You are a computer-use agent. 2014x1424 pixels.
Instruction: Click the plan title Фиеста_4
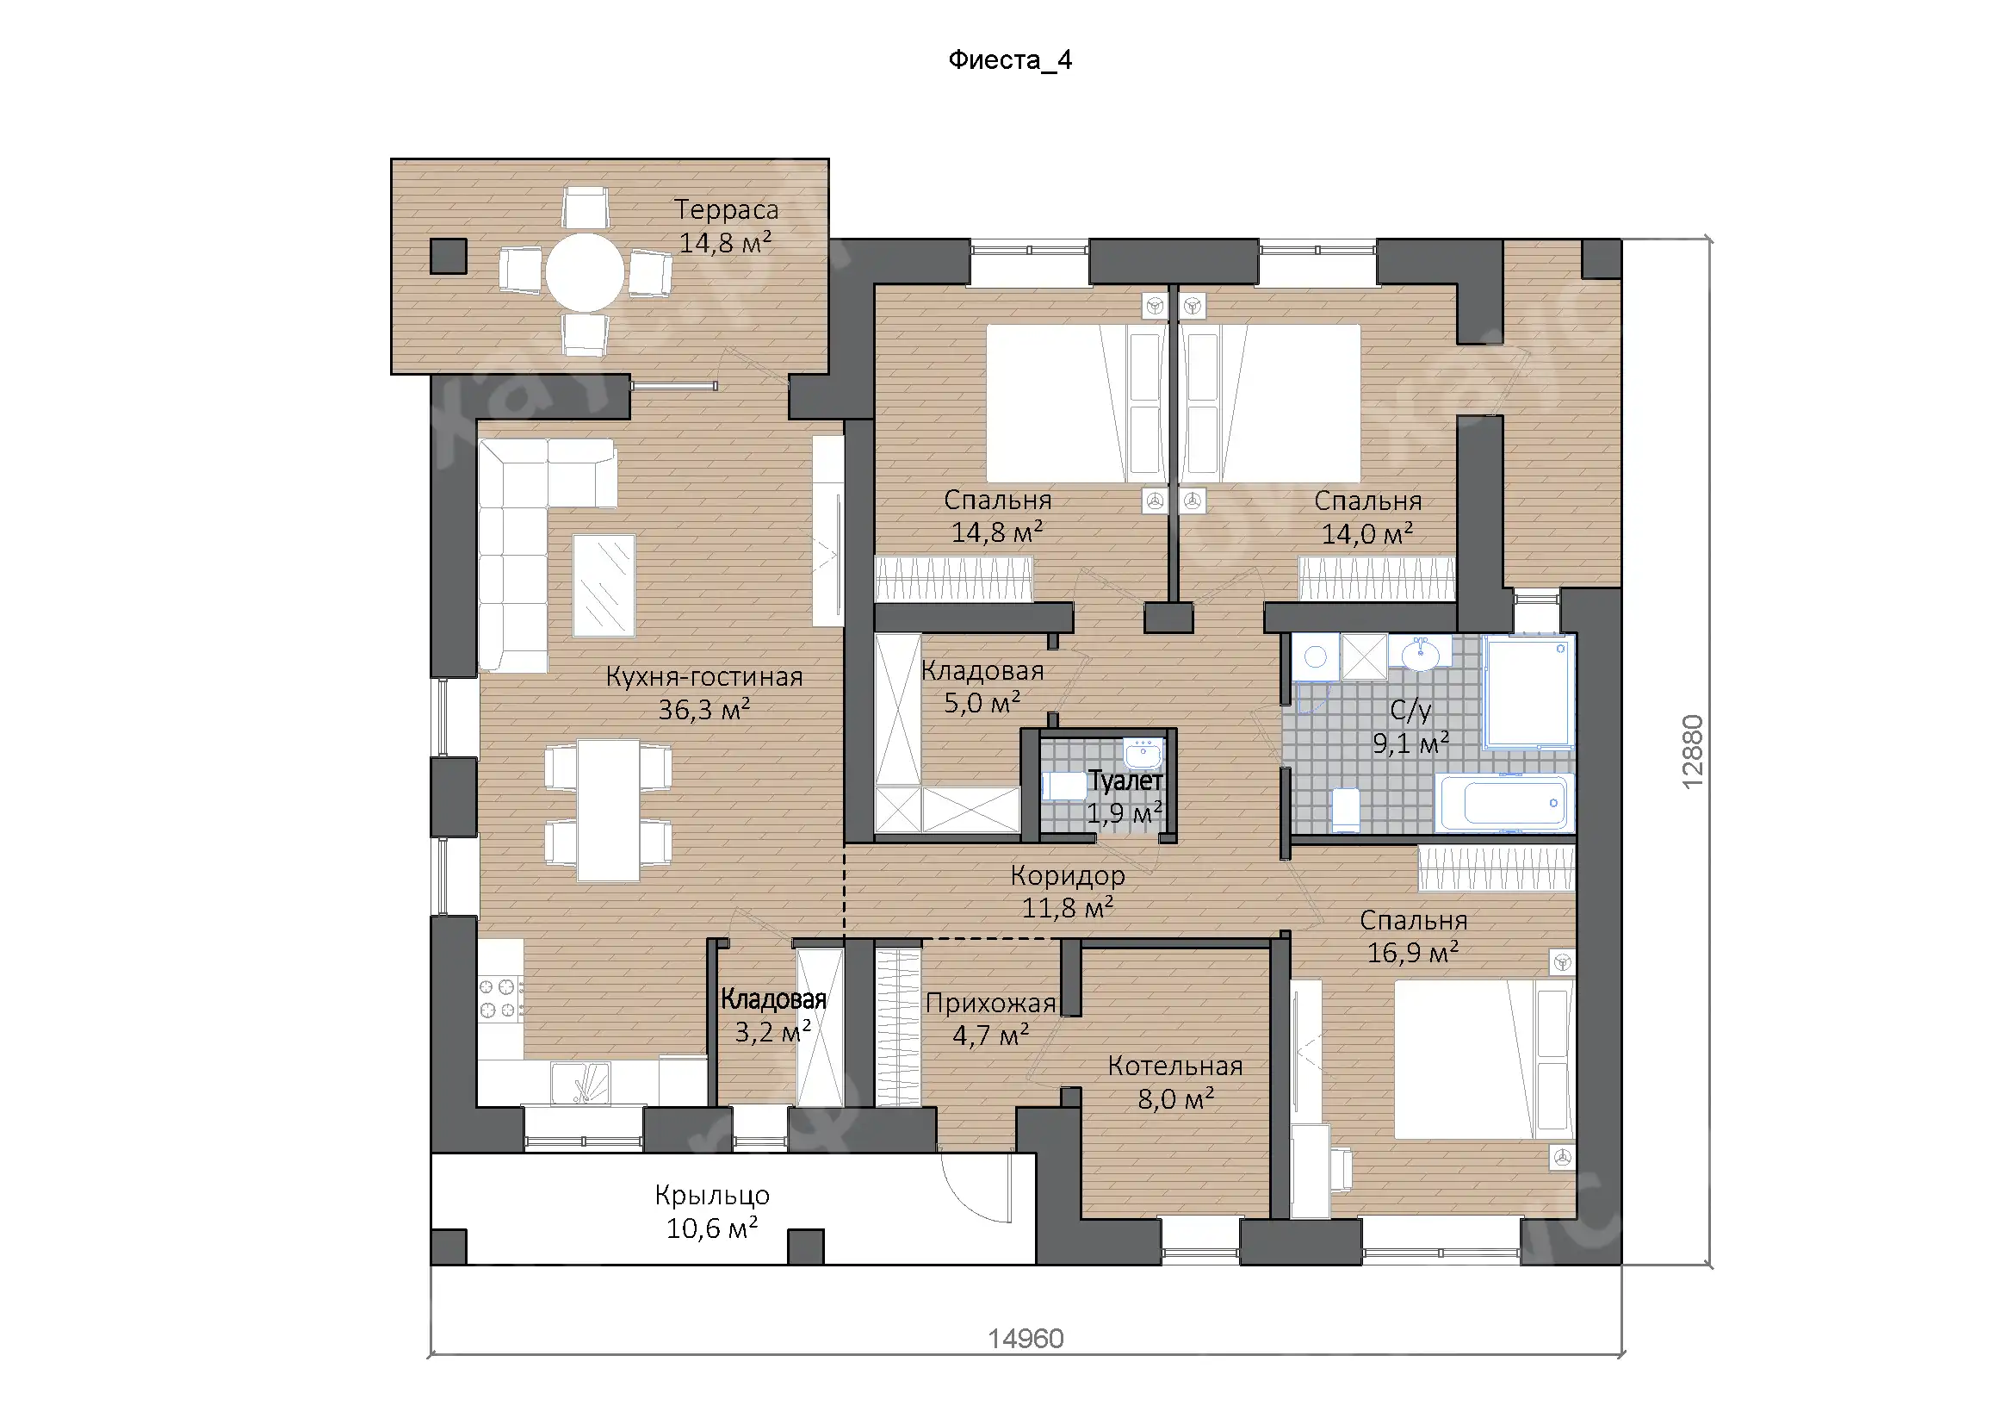[1010, 59]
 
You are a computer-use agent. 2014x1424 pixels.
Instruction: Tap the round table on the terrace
[585, 272]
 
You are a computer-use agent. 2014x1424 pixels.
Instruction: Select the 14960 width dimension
[1026, 1338]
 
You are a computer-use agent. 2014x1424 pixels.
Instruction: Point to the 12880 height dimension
[1692, 751]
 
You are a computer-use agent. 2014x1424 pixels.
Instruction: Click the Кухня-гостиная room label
[704, 676]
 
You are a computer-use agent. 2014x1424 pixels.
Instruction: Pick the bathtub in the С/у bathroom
[1503, 802]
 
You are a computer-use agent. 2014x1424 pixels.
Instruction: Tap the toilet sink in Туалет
[1143, 754]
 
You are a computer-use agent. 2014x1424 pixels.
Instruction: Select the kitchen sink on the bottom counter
[579, 1084]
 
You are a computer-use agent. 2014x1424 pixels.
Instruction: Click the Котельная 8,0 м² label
[1175, 1082]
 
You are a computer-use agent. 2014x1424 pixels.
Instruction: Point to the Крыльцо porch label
[712, 1195]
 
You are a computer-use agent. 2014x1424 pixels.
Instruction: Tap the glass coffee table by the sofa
[604, 584]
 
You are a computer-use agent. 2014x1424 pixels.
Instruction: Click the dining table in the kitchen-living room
[608, 810]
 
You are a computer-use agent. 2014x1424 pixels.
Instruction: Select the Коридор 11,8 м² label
[1068, 891]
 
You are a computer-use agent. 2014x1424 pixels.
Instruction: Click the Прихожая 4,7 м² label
[990, 1019]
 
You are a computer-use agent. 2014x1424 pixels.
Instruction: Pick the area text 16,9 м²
[1413, 952]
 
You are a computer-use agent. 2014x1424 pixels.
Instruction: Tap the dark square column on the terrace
[449, 256]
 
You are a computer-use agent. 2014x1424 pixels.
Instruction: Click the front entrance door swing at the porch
[977, 1186]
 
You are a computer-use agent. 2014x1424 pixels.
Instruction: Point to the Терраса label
[727, 209]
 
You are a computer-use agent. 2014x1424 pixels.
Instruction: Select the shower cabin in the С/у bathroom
[1528, 692]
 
